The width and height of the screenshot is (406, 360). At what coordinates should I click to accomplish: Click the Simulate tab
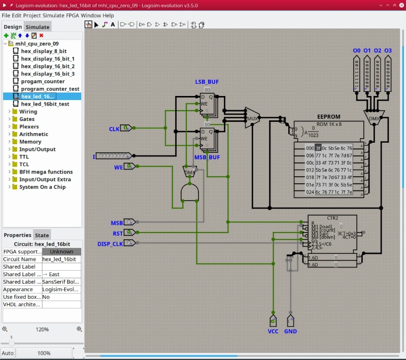click(38, 27)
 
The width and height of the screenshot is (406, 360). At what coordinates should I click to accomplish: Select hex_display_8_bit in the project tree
click(44, 51)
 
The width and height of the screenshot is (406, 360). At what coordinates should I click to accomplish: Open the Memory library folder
click(30, 142)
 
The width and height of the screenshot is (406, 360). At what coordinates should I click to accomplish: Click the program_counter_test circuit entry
click(50, 89)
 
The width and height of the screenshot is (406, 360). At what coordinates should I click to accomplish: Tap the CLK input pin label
click(114, 129)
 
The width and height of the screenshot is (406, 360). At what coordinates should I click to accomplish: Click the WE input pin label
click(118, 167)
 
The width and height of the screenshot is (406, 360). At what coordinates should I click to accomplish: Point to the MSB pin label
click(117, 223)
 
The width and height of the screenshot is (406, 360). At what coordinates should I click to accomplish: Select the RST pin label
click(118, 234)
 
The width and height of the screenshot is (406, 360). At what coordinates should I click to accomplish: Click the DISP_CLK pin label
click(110, 244)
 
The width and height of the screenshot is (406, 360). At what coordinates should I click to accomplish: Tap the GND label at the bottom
click(290, 331)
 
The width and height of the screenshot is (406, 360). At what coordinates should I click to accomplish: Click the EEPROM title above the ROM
click(328, 117)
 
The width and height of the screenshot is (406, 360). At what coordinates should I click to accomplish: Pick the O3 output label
click(388, 51)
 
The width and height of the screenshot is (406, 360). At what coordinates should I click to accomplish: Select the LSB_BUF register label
click(207, 82)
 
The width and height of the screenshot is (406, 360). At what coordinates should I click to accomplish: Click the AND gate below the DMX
click(190, 192)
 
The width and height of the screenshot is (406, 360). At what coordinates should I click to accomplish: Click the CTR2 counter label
click(332, 218)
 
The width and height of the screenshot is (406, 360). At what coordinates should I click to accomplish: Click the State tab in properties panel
click(42, 235)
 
